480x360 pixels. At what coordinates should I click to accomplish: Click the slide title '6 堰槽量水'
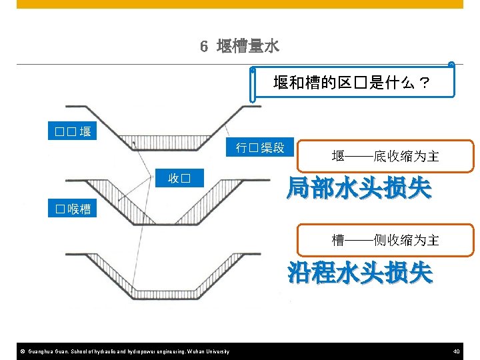click(x=239, y=46)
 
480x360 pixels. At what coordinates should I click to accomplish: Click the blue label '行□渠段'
click(x=259, y=148)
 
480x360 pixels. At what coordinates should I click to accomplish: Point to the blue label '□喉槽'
click(x=73, y=209)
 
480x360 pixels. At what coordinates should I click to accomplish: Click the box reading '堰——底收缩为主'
click(x=385, y=157)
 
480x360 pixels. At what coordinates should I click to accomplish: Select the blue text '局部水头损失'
click(x=359, y=189)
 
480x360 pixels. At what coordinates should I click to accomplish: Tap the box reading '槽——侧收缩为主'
click(x=385, y=240)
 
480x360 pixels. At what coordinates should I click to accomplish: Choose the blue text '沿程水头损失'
click(x=360, y=273)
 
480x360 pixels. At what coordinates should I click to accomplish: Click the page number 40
click(x=456, y=351)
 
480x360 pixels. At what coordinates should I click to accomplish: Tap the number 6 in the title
click(x=204, y=47)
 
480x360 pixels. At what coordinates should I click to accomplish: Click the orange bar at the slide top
click(x=239, y=4)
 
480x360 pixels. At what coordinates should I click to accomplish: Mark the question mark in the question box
click(x=423, y=84)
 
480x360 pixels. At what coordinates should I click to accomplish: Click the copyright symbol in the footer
click(x=22, y=351)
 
